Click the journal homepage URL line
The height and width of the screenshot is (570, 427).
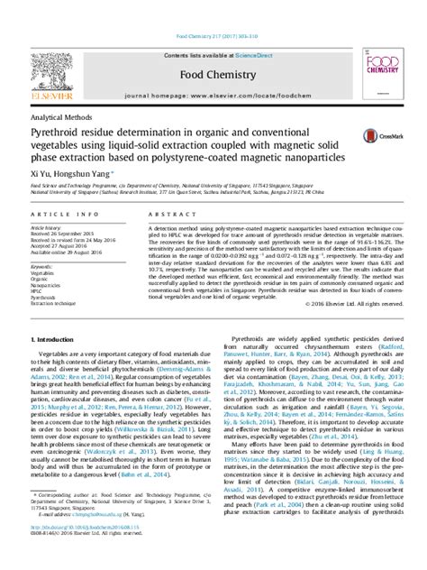213,94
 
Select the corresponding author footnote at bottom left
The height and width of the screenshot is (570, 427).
99,520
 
